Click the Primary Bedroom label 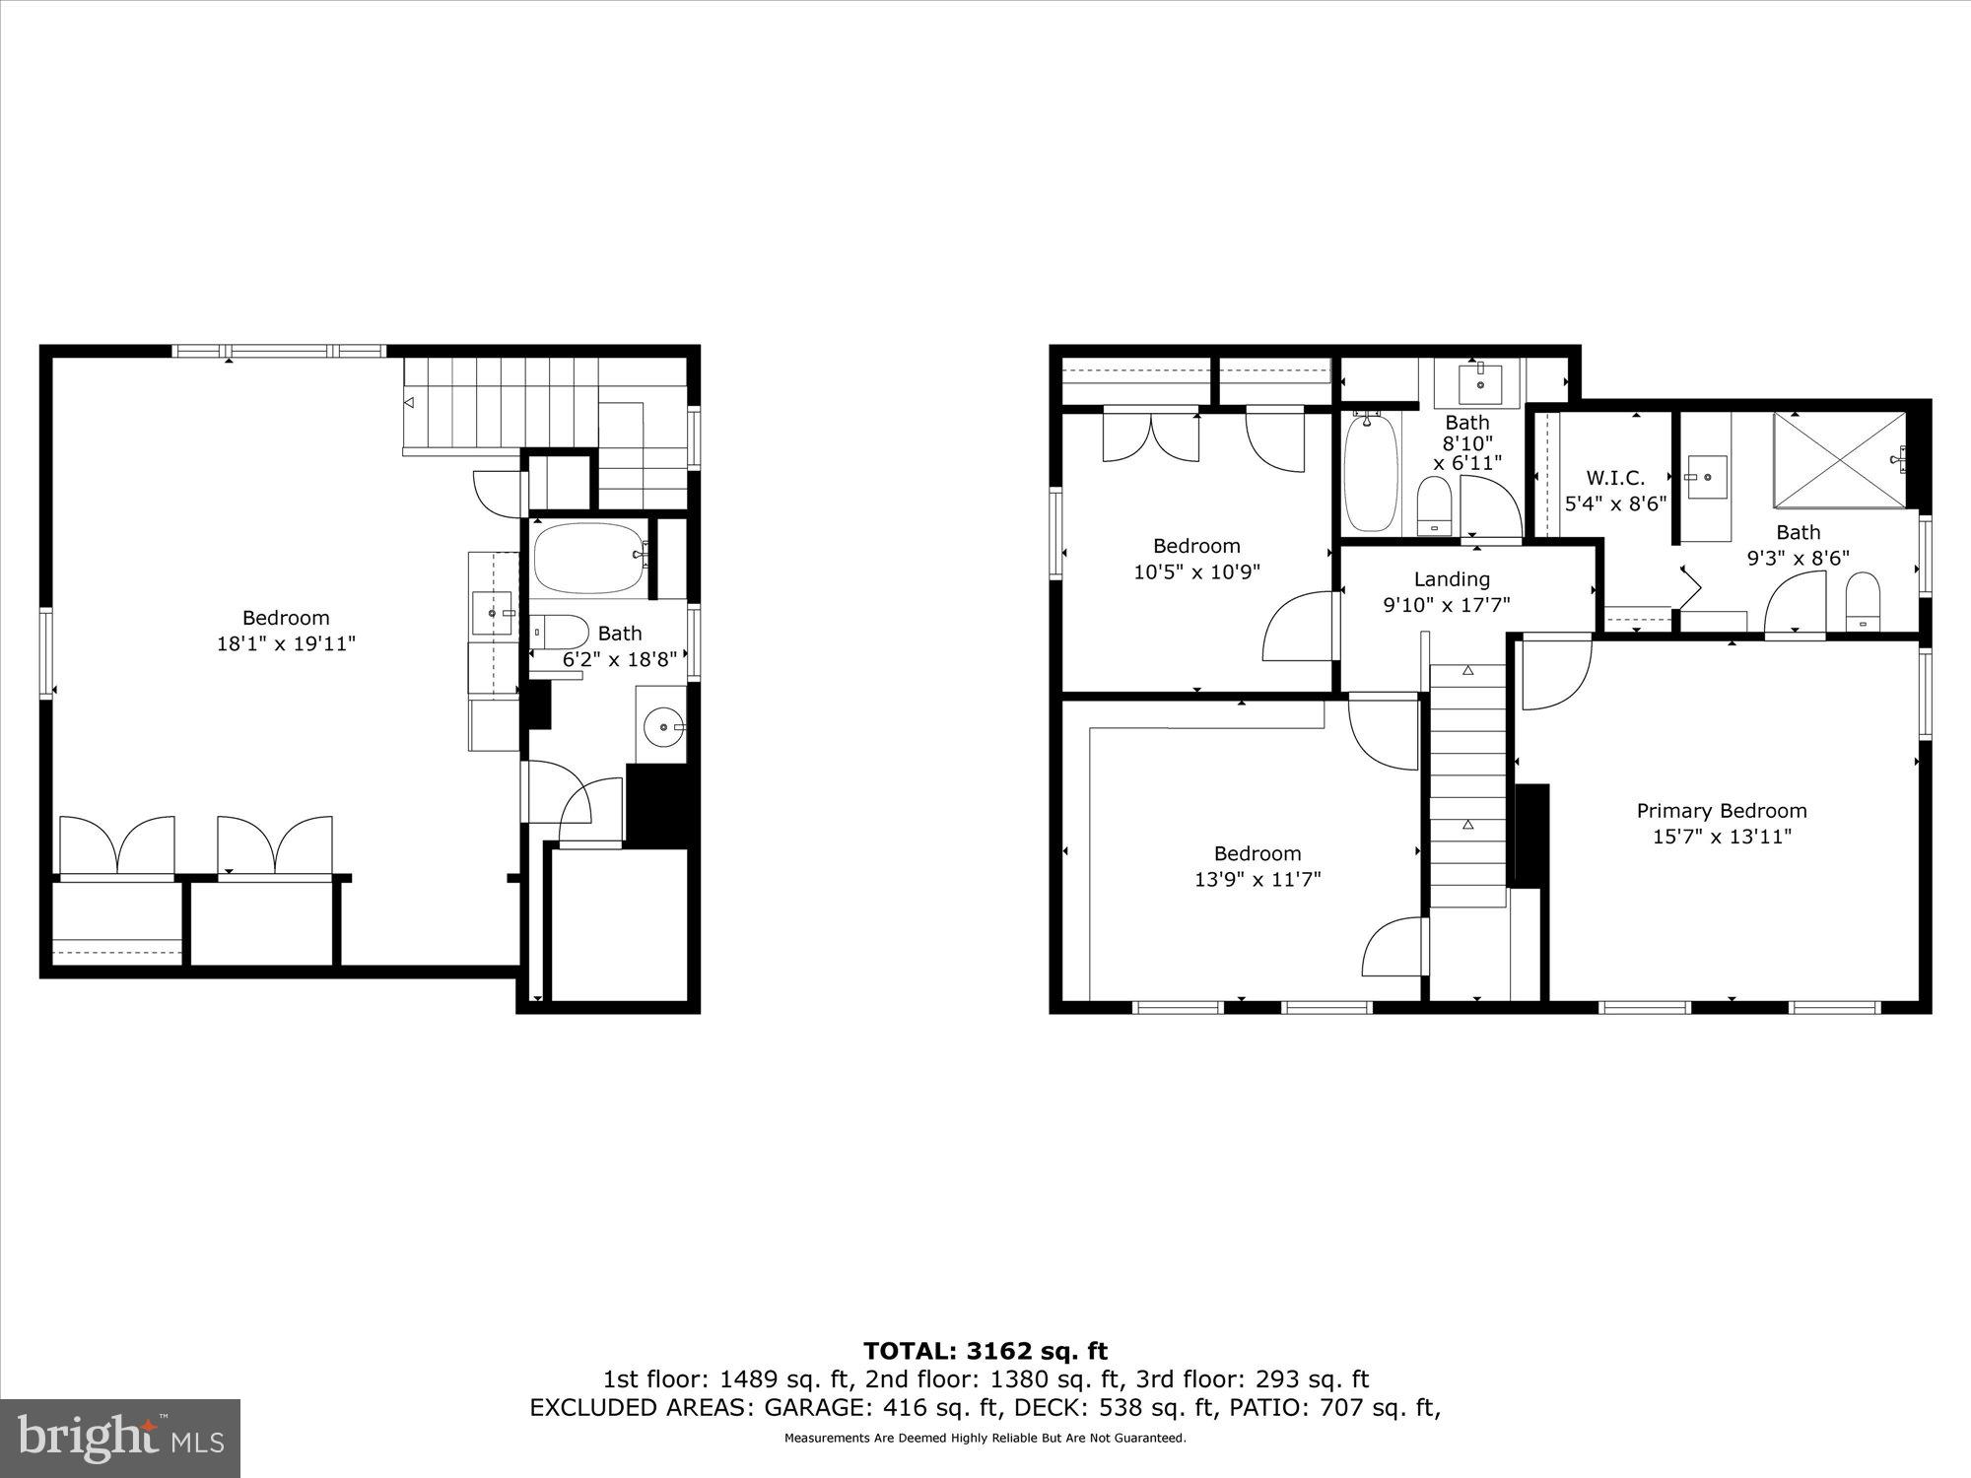pyautogui.click(x=1721, y=811)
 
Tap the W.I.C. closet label pyautogui.click(x=1615, y=478)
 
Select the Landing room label pyautogui.click(x=1451, y=579)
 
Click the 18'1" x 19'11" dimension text pyautogui.click(x=286, y=644)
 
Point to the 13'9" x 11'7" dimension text pyautogui.click(x=1257, y=879)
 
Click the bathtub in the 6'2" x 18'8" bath pyautogui.click(x=589, y=558)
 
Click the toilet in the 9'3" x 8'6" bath pyautogui.click(x=1862, y=601)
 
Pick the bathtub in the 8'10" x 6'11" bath pyautogui.click(x=1371, y=473)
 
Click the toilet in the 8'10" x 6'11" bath pyautogui.click(x=1434, y=504)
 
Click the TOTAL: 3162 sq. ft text pyautogui.click(x=985, y=1351)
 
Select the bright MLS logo pyautogui.click(x=119, y=1438)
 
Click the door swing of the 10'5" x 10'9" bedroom pyautogui.click(x=1297, y=628)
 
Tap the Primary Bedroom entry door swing pyautogui.click(x=1555, y=675)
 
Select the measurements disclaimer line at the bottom pyautogui.click(x=985, y=1439)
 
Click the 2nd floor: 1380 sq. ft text pyautogui.click(x=993, y=1379)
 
